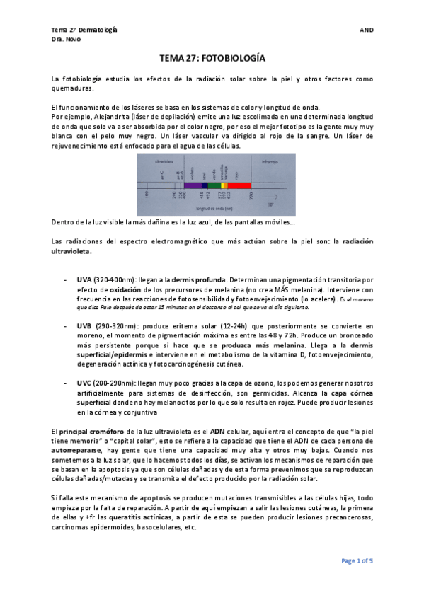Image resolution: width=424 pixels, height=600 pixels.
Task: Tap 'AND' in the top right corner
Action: coord(366,30)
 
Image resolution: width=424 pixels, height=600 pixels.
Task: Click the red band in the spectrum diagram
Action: coord(241,185)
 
